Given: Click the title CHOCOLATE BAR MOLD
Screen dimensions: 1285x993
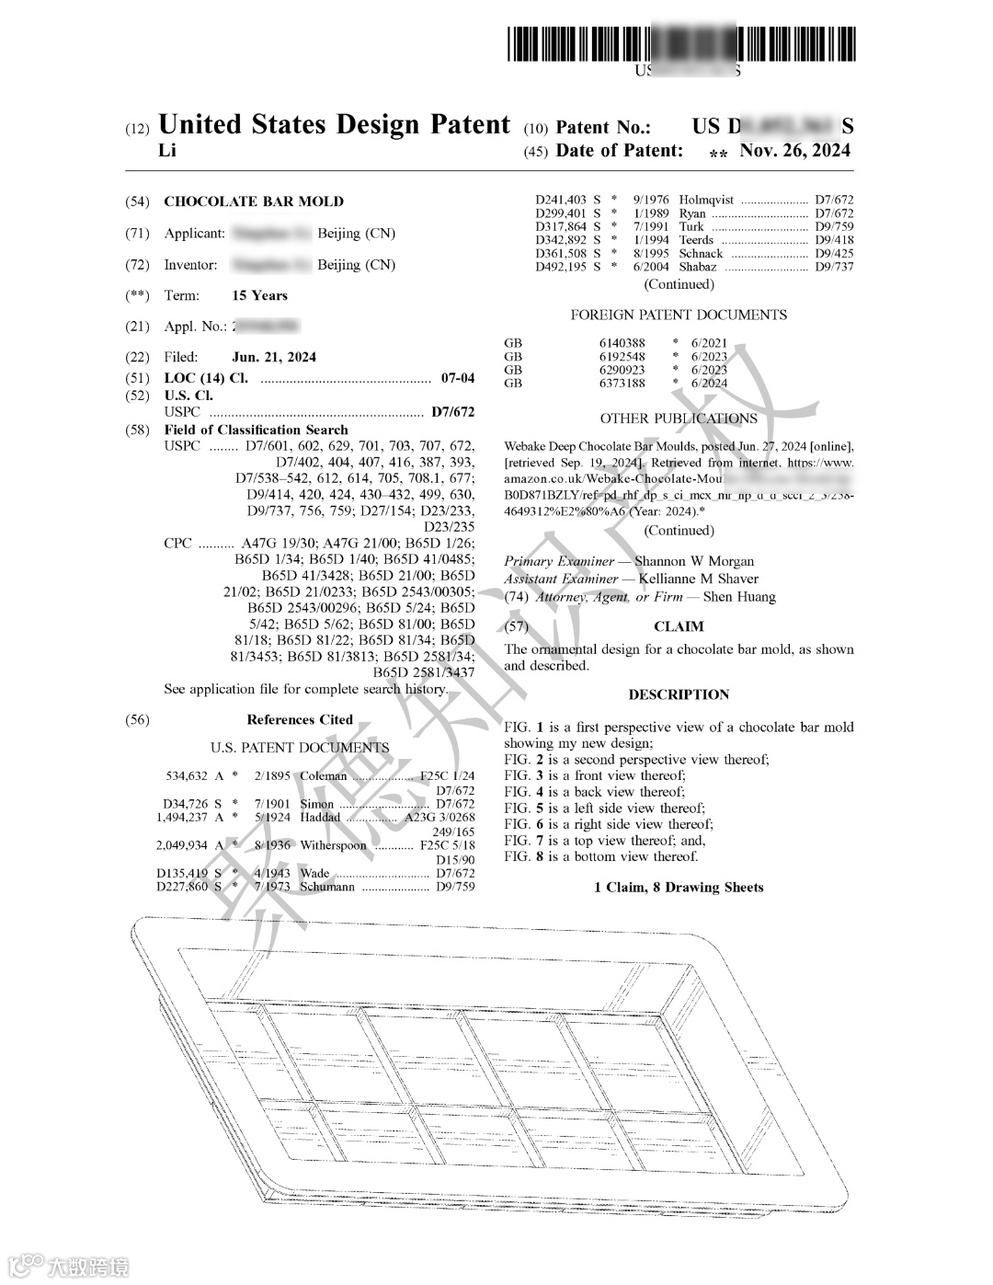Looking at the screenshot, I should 254,201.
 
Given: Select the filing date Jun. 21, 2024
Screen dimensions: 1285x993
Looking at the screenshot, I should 274,357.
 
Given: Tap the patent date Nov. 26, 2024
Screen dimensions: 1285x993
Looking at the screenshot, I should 795,151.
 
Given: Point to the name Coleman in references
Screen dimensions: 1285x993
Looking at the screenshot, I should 324,776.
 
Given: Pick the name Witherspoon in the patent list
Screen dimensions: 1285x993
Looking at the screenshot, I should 333,845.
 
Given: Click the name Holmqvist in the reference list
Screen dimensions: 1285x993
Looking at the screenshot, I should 706,200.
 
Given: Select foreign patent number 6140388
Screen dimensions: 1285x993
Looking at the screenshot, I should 622,343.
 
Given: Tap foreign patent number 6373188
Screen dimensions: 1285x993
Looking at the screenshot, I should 622,384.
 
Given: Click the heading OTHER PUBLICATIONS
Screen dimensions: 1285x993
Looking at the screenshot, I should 679,419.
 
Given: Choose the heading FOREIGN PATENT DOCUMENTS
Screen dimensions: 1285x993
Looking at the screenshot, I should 679,315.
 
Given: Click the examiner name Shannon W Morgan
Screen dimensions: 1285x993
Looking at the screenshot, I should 694,561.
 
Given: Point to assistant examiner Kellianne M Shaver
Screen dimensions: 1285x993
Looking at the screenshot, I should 699,579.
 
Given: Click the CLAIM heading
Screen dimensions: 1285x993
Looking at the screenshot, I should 679,626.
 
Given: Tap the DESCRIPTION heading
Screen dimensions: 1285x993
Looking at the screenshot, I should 679,694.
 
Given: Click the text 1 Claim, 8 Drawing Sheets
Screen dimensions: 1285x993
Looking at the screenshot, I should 679,887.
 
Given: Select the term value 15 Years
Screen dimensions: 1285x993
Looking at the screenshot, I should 259,295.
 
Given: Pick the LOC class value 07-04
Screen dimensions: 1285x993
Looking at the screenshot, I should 458,378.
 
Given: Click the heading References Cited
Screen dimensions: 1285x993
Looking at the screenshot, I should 300,719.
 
